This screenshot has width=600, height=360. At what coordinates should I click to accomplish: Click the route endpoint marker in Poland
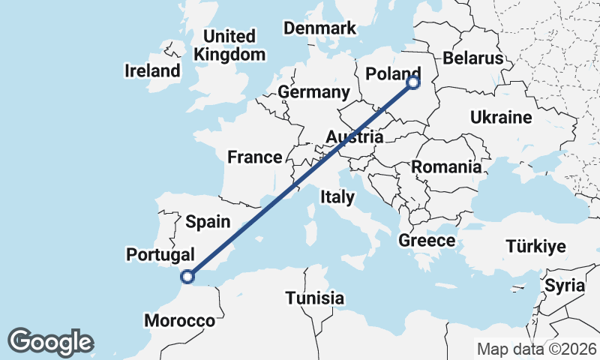click(x=413, y=82)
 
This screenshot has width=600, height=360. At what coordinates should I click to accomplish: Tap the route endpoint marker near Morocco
click(x=187, y=277)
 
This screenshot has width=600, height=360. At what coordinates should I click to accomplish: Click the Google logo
click(x=50, y=342)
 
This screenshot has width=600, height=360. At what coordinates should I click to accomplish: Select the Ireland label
click(x=153, y=71)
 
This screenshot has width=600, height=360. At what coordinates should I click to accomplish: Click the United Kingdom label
click(x=229, y=45)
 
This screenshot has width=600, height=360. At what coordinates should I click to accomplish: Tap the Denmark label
click(x=319, y=28)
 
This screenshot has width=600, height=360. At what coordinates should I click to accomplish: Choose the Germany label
click(x=313, y=92)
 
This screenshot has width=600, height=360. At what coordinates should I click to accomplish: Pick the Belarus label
click(x=472, y=58)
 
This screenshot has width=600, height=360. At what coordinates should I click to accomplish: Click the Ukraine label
click(x=501, y=117)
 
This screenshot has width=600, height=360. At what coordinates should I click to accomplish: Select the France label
click(x=255, y=157)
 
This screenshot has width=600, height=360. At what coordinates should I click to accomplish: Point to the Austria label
click(x=355, y=137)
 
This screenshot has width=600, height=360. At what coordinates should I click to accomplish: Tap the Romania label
click(x=447, y=166)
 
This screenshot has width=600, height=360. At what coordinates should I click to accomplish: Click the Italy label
click(x=337, y=196)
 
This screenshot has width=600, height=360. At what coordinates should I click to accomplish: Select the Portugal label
click(x=160, y=254)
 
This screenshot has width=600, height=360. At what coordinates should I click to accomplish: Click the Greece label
click(x=427, y=240)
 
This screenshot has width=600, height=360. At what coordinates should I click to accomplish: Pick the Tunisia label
click(x=315, y=298)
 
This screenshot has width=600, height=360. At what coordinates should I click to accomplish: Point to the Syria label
click(x=564, y=285)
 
